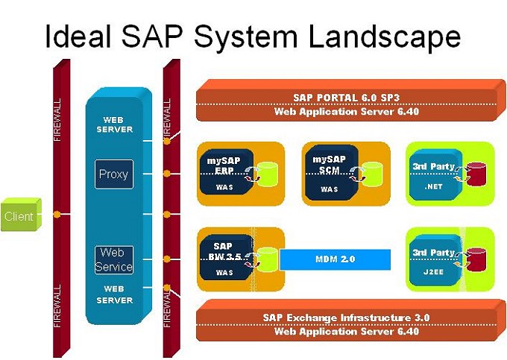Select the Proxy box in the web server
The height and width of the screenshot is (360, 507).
(x=113, y=174)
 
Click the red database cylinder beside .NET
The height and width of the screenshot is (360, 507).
(x=476, y=174)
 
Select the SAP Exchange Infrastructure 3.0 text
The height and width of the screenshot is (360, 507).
(x=346, y=318)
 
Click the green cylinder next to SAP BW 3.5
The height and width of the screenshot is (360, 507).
(x=268, y=260)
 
